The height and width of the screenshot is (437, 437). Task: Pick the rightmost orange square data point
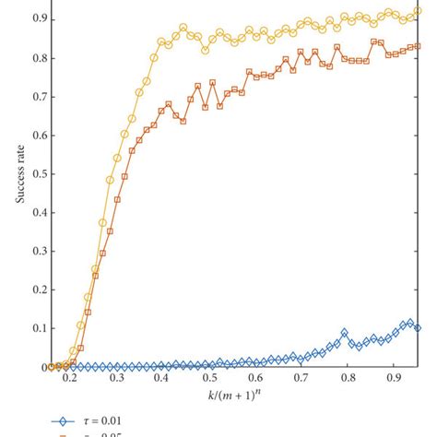tap(418, 45)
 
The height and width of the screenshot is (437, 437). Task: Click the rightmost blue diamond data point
tap(418, 327)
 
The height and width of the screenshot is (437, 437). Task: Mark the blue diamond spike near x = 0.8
tap(345, 333)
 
